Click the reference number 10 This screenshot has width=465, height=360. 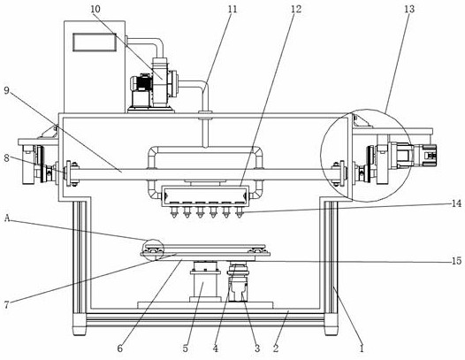95,9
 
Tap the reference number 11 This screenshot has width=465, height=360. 232,9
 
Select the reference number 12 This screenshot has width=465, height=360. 295,9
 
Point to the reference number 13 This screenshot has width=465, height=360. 409,9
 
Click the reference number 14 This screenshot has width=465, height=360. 456,203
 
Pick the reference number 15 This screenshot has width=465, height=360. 456,261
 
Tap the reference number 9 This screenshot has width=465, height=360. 7,90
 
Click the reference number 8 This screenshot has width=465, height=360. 7,158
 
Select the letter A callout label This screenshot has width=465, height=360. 8,218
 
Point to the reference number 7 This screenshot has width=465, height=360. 7,304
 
